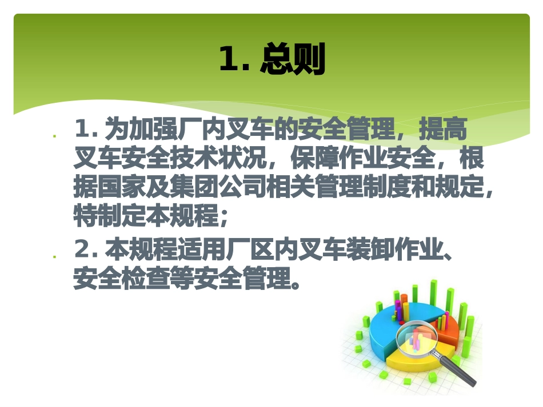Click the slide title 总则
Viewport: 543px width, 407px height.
coord(293,60)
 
